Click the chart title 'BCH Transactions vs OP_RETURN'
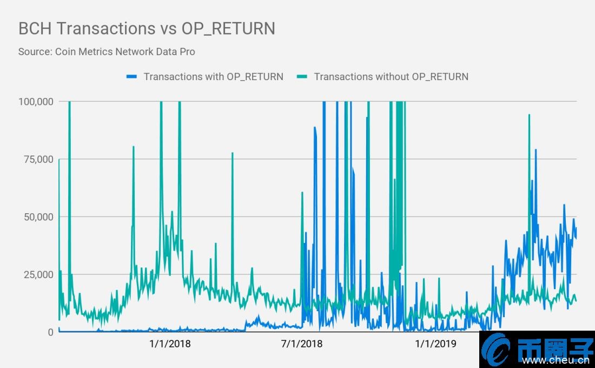point(147,28)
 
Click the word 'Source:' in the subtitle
point(35,52)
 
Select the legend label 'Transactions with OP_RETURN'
point(213,76)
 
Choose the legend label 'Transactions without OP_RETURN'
point(391,76)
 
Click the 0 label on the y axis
point(50,332)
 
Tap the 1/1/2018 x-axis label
point(170,344)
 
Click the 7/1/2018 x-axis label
point(302,344)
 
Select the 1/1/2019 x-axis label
point(435,344)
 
